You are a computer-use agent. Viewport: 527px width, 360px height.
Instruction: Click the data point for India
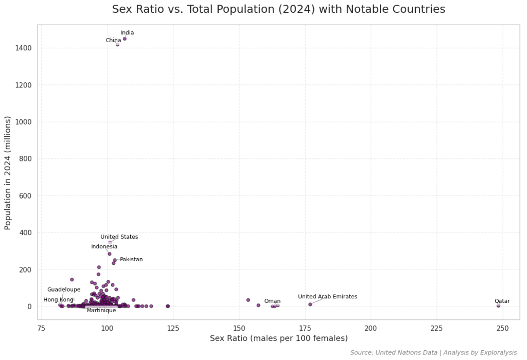[x=125, y=39]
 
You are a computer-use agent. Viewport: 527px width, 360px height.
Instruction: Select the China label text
[x=113, y=41]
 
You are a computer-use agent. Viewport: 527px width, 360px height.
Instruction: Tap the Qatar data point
[x=498, y=305]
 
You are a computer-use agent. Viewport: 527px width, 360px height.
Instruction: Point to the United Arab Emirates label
[x=327, y=297]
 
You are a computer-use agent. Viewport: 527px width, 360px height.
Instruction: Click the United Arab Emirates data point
[x=310, y=304]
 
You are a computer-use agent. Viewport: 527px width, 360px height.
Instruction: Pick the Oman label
[x=272, y=301]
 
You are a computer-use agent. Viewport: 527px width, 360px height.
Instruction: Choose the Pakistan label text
[x=131, y=260]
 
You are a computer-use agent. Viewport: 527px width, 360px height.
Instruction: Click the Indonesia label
[x=104, y=247]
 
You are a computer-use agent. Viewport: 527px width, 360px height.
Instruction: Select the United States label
[x=119, y=237]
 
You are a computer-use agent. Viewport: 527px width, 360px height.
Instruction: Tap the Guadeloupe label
[x=64, y=290]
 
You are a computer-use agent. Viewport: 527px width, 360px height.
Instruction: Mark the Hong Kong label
[x=58, y=300]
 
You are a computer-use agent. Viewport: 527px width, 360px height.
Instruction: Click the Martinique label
[x=101, y=311]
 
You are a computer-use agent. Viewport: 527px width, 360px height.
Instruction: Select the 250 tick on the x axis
[x=503, y=328]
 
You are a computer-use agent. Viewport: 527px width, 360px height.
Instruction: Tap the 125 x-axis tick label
[x=173, y=328]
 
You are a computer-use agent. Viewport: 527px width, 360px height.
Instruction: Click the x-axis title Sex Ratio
[x=278, y=338]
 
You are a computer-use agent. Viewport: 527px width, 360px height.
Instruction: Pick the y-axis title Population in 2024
[x=8, y=173]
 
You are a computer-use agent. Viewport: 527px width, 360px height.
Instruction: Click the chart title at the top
[x=278, y=9]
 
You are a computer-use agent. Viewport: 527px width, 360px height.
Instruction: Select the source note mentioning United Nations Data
[x=433, y=353]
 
